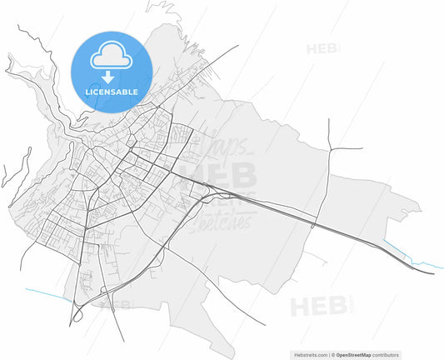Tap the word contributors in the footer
386,355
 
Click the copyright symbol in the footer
333,355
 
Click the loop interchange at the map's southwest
77,312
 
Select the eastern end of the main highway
432,272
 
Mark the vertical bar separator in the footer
329,355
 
